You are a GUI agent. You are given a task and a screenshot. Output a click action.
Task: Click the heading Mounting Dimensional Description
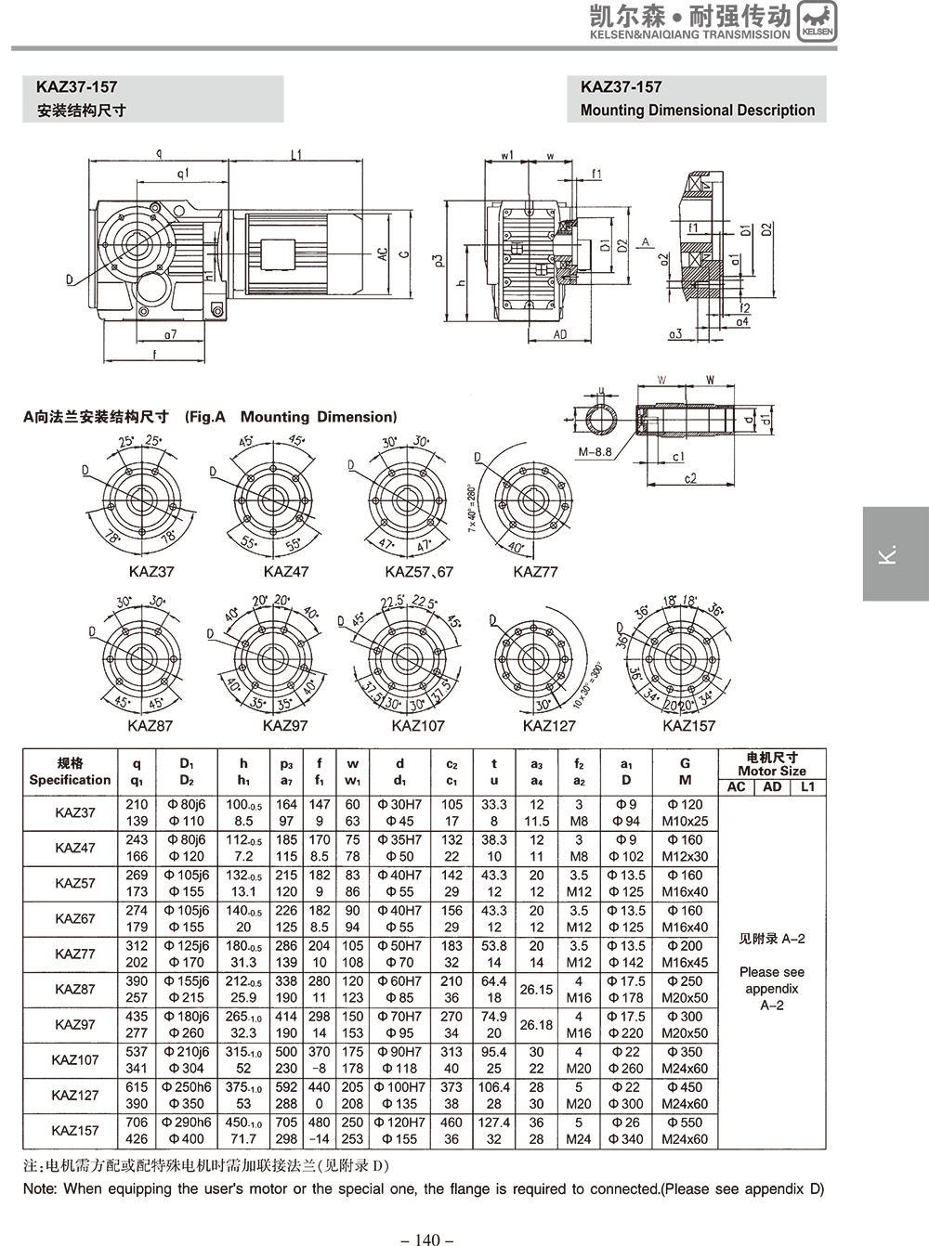coord(697,110)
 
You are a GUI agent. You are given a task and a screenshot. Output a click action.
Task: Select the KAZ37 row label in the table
coord(74,813)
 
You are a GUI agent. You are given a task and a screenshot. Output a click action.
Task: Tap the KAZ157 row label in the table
coord(74,1131)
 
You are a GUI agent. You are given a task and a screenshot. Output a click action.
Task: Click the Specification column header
coord(70,780)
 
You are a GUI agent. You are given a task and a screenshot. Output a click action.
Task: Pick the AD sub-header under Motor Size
coord(772,787)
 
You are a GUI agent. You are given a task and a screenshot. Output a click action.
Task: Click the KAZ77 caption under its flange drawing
coord(535,572)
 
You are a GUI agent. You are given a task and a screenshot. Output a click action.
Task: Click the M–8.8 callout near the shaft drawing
coord(595,452)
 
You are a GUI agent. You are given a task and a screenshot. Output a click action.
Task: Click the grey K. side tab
coord(895,553)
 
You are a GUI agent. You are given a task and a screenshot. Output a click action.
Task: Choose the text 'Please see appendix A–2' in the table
coord(772,988)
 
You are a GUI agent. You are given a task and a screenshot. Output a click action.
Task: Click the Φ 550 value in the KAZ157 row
coord(685,1123)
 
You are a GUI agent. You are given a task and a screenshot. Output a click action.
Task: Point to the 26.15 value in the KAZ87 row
coord(536,990)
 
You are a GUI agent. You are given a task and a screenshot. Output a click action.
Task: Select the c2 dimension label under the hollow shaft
coord(689,479)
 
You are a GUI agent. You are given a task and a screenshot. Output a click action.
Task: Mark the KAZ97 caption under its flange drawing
coord(284,725)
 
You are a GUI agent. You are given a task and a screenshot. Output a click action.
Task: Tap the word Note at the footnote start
coord(40,1188)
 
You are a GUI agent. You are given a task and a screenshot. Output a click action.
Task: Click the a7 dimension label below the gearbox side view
coord(171,333)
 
